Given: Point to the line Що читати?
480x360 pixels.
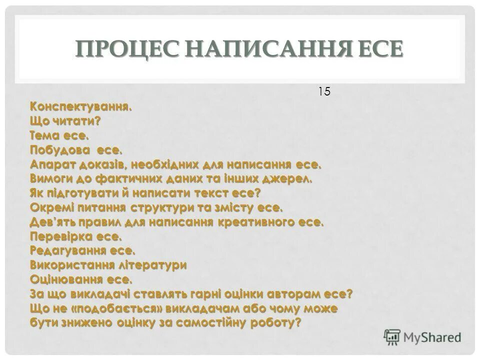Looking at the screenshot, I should click(65, 120).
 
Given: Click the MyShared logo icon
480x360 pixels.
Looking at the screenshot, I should click(392, 336).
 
